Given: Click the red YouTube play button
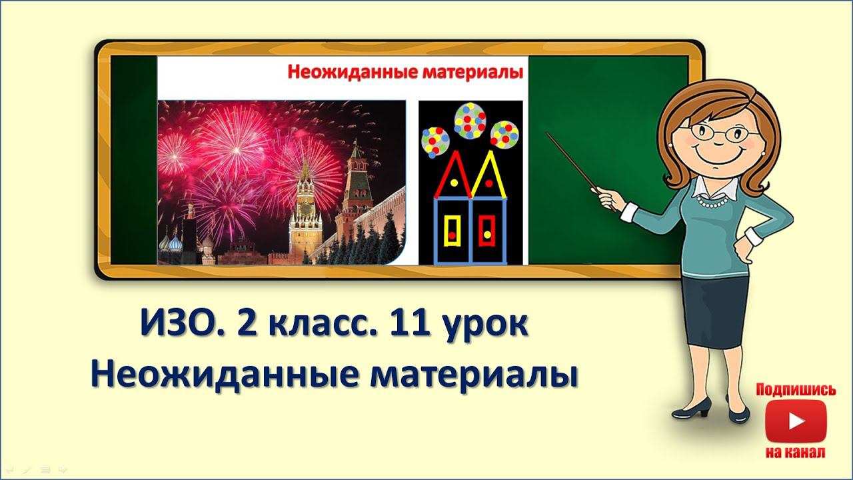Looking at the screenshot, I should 796,422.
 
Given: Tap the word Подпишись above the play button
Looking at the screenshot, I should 796,390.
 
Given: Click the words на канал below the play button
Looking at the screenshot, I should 796,453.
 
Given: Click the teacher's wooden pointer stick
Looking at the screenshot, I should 574,163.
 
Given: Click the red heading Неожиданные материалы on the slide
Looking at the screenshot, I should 405,72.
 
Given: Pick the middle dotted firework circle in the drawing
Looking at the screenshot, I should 470,119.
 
